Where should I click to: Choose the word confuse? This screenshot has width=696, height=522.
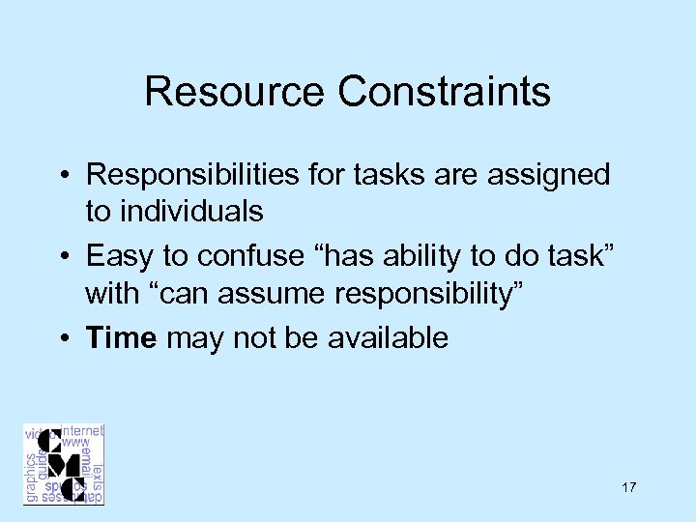click(244, 255)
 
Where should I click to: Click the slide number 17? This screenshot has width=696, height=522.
click(629, 487)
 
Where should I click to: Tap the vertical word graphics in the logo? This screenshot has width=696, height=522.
click(32, 477)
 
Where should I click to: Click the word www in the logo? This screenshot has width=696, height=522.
click(75, 443)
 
